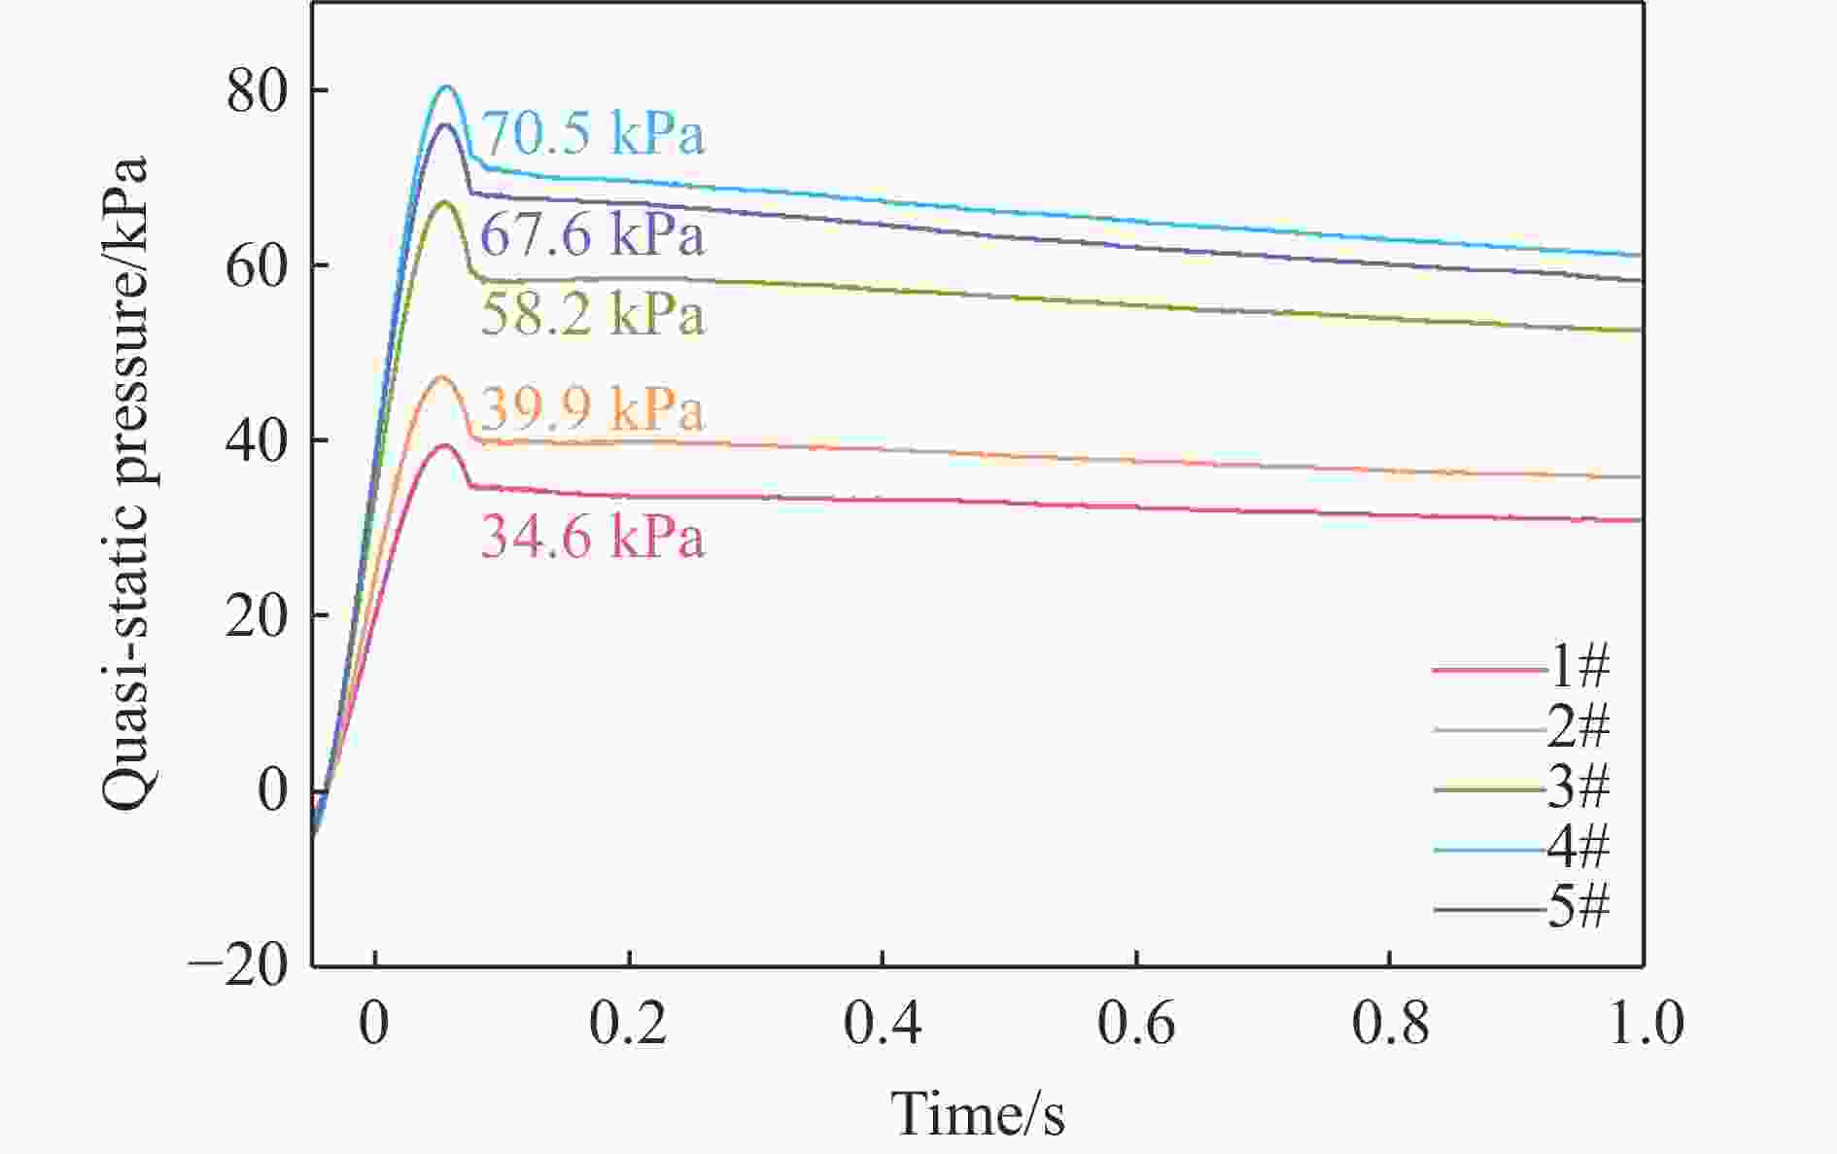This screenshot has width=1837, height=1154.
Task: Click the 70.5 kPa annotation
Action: (593, 134)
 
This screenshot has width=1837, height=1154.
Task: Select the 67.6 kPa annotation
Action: (593, 236)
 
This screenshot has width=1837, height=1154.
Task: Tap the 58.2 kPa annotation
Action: (593, 315)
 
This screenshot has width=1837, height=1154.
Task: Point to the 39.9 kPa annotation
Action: (593, 409)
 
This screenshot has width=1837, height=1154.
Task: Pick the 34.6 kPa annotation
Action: (593, 538)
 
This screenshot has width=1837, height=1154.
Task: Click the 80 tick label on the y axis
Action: (258, 91)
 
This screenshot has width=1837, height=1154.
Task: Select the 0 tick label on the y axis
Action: (274, 791)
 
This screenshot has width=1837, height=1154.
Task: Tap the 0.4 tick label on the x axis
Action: (882, 1025)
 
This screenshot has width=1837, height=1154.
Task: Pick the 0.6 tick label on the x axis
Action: (1136, 1025)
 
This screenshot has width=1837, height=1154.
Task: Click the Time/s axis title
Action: (978, 1114)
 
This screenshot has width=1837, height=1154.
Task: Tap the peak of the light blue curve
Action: (447, 87)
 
